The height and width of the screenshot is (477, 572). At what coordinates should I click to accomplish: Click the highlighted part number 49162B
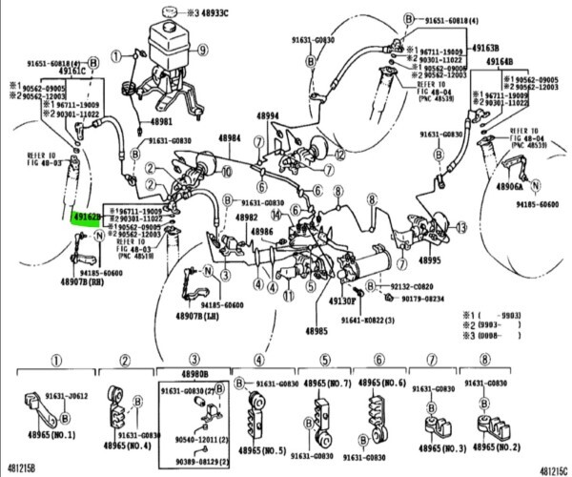tap(87, 218)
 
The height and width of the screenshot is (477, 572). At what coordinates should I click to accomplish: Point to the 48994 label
tap(266, 117)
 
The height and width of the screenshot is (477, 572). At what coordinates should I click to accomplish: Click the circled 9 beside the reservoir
tap(202, 47)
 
